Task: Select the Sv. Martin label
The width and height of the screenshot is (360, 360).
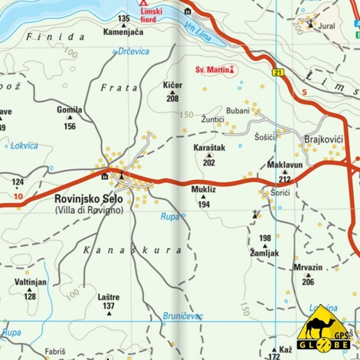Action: [215, 70]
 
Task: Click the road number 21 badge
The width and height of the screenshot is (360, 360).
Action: [278, 73]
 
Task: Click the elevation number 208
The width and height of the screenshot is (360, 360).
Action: [172, 99]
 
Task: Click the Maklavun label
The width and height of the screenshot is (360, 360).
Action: [285, 165]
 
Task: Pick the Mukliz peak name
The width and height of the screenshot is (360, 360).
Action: [204, 188]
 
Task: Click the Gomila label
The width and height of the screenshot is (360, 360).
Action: [70, 110]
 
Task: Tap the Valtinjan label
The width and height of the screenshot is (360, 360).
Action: [31, 283]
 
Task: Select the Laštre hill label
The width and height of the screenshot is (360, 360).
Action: [109, 296]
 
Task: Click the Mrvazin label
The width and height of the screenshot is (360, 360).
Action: [307, 268]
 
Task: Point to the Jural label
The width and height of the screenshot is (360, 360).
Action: [326, 25]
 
